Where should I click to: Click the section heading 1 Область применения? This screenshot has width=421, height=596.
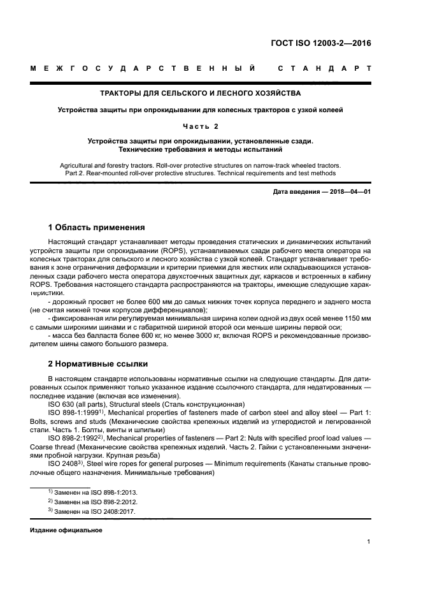(96, 228)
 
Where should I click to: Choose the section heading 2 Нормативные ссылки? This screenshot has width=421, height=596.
(98, 364)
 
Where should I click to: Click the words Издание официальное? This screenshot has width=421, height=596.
(66, 530)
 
